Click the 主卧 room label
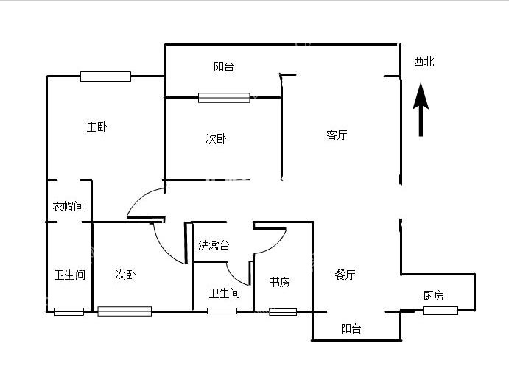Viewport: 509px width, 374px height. tap(96, 127)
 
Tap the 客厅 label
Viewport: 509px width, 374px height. tap(337, 135)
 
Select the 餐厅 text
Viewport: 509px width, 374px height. tap(345, 275)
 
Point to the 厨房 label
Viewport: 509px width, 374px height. tap(433, 295)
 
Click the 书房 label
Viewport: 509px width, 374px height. tap(279, 282)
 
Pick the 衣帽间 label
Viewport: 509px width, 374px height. tap(69, 206)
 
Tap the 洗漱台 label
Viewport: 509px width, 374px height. tap(214, 245)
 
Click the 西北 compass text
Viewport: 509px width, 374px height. tap(424, 61)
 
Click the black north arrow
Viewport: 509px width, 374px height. tap(421, 110)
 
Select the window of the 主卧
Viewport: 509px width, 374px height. tap(105, 77)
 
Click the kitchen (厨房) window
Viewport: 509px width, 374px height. tap(440, 311)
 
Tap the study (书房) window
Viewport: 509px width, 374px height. tap(283, 312)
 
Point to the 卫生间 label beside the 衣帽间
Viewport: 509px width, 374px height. tap(70, 275)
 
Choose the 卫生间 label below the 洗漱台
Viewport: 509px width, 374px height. tap(225, 294)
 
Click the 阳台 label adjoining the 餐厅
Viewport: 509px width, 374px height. tap(351, 328)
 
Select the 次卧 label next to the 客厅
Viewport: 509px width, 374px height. tap(216, 138)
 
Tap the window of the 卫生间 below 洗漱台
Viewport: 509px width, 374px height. tap(222, 311)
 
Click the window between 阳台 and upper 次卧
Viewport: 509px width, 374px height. tap(224, 98)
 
